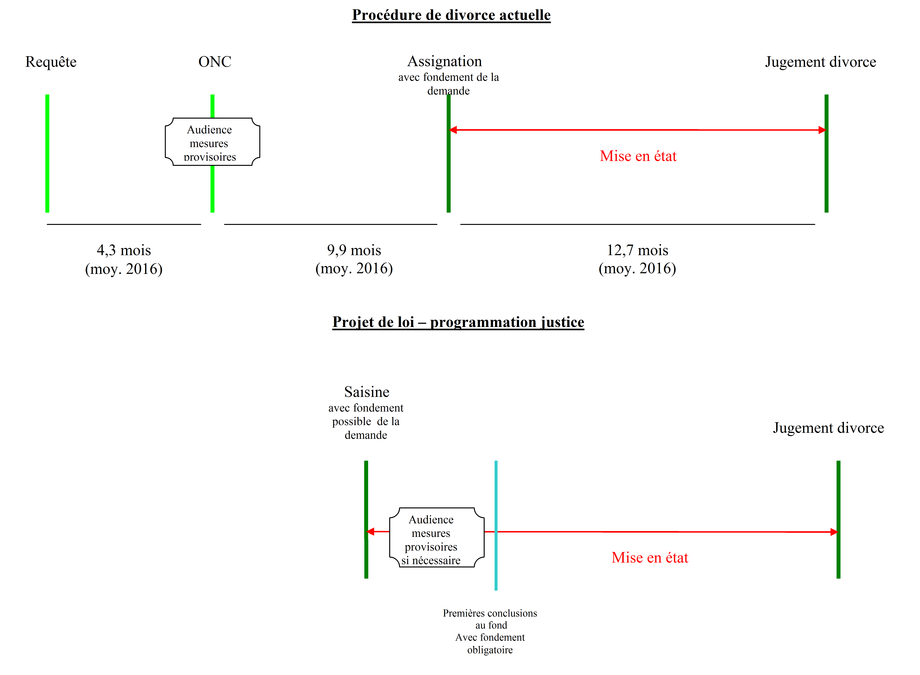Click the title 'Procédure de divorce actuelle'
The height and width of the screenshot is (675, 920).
[451, 15]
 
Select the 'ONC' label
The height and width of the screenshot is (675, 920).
[214, 62]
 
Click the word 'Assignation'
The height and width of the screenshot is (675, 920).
[444, 61]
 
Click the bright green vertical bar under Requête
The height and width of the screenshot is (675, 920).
[47, 153]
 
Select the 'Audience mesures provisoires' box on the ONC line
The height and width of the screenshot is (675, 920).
[212, 142]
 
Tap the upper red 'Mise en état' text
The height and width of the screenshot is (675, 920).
[638, 156]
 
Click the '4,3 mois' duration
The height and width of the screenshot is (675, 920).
[124, 250]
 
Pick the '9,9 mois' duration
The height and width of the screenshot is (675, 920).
[354, 250]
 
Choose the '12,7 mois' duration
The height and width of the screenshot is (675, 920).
[637, 250]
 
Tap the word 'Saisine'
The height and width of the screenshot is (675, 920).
[366, 392]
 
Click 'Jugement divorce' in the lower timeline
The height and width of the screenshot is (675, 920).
[828, 428]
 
